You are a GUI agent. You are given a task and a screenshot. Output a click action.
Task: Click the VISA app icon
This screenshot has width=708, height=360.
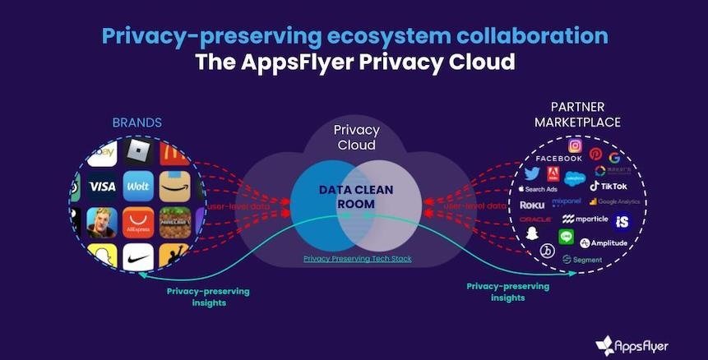pyautogui.click(x=102, y=187)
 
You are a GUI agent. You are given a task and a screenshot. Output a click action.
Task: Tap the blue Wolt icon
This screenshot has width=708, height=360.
pyautogui.click(x=138, y=187)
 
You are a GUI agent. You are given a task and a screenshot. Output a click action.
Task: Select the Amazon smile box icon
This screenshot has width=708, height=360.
pyautogui.click(x=174, y=187)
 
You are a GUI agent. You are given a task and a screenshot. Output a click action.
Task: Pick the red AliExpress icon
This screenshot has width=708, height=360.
pyautogui.click(x=138, y=222)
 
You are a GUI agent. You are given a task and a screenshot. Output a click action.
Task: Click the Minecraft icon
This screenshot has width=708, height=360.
pyautogui.click(x=174, y=222)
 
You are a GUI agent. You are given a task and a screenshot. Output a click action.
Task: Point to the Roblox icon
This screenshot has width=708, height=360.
pyautogui.click(x=138, y=152)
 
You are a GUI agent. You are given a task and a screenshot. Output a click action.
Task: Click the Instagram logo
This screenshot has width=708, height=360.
pyautogui.click(x=576, y=145)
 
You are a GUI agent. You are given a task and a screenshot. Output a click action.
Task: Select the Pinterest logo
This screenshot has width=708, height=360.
pyautogui.click(x=595, y=154)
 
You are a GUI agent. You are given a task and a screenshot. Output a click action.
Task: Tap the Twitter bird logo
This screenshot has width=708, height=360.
pyautogui.click(x=532, y=173)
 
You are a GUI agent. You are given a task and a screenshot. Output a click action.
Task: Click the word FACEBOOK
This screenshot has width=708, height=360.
pyautogui.click(x=558, y=159)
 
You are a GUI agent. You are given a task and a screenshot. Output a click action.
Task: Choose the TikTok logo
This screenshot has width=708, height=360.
pyautogui.click(x=609, y=187)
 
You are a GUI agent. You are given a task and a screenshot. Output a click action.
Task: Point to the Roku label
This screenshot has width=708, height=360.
pyautogui.click(x=532, y=205)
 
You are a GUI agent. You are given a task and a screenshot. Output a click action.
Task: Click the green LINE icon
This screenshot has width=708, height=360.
pyautogui.click(x=566, y=236)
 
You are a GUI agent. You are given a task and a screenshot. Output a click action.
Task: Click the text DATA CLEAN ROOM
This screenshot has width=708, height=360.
pyautogui.click(x=356, y=196)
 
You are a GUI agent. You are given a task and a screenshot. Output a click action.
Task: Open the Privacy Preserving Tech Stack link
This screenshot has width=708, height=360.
pyautogui.click(x=357, y=259)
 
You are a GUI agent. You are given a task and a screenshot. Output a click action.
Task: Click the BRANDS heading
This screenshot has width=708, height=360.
pyautogui.click(x=137, y=122)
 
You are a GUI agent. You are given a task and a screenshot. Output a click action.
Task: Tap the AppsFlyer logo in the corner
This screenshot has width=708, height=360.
pyautogui.click(x=632, y=344)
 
